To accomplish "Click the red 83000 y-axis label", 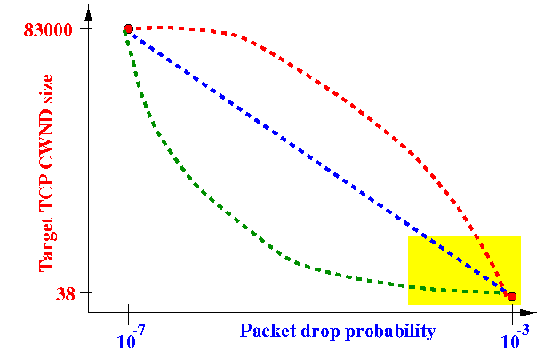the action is pyautogui.click(x=48, y=30).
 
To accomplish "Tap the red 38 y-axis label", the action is pyautogui.click(x=66, y=293).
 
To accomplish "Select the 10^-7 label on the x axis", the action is pyautogui.click(x=131, y=337).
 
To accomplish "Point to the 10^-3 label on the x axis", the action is pyautogui.click(x=515, y=337).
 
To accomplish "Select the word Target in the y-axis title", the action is pyautogui.click(x=46, y=245).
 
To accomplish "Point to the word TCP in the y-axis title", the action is pyautogui.click(x=46, y=199).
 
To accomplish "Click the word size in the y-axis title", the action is pyautogui.click(x=46, y=90).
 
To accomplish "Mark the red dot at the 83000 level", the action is pyautogui.click(x=129, y=28).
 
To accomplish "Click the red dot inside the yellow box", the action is pyautogui.click(x=512, y=297).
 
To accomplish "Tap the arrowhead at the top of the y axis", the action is pyautogui.click(x=88, y=14).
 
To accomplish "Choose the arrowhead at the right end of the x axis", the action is pyautogui.click(x=527, y=313).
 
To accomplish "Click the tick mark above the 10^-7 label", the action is pyautogui.click(x=129, y=315).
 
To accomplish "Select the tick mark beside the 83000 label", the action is pyautogui.click(x=86, y=28).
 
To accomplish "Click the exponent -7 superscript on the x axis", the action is pyautogui.click(x=139, y=331).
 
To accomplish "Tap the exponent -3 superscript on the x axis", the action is pyautogui.click(x=523, y=331).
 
